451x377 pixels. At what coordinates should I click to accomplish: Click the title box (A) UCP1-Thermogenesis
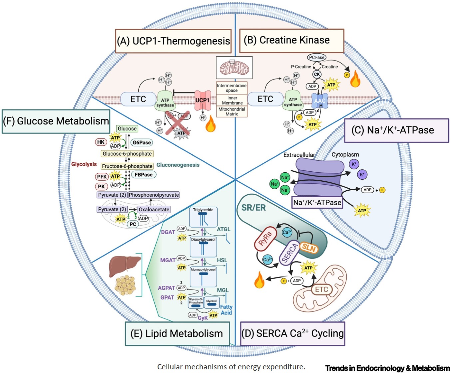[173, 41]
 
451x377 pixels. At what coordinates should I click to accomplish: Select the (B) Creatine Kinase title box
[291, 41]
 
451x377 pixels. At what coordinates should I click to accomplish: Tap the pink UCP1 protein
[203, 100]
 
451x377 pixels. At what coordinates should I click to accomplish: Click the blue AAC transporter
[320, 100]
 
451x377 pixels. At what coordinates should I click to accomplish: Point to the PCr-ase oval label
[316, 57]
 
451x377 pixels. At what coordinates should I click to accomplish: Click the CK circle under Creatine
[317, 74]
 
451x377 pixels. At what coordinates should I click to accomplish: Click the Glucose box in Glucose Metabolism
[127, 128]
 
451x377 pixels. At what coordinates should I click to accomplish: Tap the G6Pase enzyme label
[142, 142]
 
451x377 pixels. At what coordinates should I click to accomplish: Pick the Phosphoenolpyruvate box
[154, 195]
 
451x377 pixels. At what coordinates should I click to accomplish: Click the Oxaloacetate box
[154, 209]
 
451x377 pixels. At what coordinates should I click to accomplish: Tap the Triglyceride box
[203, 210]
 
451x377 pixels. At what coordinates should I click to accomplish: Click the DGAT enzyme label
[168, 232]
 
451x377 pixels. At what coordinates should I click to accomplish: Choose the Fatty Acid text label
[226, 310]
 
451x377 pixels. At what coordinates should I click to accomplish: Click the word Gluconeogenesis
[178, 165]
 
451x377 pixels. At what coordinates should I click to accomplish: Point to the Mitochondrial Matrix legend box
[232, 111]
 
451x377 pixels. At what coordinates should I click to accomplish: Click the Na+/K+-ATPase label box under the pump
[317, 202]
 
